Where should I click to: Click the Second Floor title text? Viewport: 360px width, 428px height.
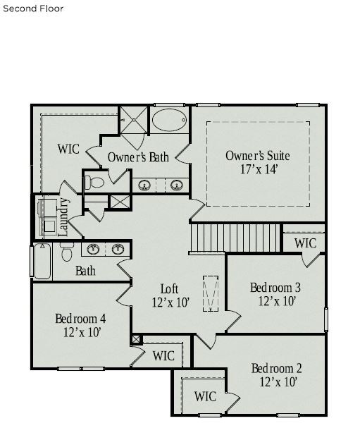pos(33,9)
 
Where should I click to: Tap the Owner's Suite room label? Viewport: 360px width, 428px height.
pos(257,156)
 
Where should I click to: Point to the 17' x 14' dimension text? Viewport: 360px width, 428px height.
pos(257,170)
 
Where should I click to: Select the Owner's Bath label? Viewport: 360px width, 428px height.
pos(138,157)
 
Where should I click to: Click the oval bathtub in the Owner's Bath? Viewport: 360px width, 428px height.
pos(170,121)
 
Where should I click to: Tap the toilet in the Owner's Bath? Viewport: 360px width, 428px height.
pos(94,183)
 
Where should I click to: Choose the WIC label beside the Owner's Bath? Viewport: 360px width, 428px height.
pos(68,149)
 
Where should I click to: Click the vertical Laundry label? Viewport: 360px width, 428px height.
pos(63,216)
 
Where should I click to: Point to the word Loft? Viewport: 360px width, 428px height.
pos(170,288)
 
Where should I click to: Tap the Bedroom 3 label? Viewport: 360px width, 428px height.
pos(275,288)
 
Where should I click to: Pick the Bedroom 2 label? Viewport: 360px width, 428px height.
pos(276,368)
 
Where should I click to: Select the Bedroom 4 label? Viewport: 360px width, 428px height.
pos(82,319)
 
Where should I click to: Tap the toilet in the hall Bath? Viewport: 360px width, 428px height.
pos(67,252)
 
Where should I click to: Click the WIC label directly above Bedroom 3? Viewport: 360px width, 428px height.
pos(305,243)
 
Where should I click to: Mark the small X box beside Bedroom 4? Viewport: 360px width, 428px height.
pos(136,339)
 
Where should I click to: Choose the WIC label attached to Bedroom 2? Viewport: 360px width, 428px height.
pos(205,396)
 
